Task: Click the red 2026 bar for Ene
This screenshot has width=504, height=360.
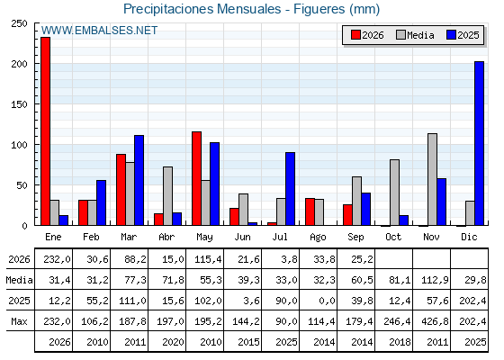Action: [45, 131]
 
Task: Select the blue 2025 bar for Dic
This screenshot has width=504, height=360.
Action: [479, 143]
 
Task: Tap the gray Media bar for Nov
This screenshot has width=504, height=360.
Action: [432, 179]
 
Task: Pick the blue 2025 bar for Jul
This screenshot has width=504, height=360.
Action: [290, 189]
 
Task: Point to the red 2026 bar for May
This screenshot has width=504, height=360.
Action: [196, 178]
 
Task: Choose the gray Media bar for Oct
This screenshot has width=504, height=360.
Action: [394, 193]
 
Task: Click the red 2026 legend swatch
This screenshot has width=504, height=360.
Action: [355, 35]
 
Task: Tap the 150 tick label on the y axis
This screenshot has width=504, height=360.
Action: [19, 104]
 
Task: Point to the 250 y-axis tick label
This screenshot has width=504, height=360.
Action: [19, 23]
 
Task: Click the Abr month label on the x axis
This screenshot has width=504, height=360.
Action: [166, 238]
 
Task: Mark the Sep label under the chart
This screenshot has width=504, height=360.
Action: [355, 238]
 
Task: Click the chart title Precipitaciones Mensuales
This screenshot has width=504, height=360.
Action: [202, 9]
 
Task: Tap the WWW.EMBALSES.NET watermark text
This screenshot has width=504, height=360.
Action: [99, 31]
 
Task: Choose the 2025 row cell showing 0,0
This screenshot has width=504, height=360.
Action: [327, 301]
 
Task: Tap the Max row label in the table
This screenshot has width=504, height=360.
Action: [19, 321]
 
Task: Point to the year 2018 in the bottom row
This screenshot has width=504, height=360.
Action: [400, 342]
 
